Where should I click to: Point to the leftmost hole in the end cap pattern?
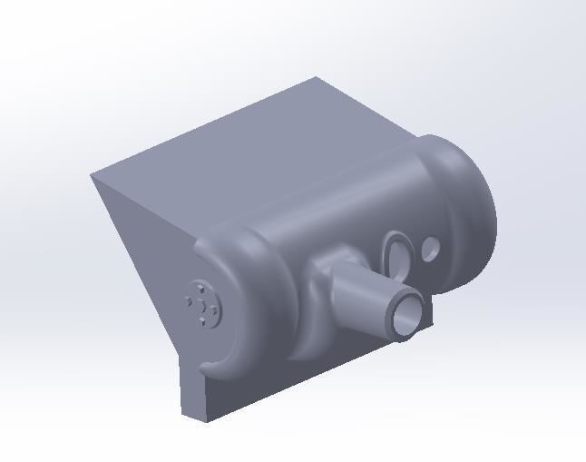point(189,300)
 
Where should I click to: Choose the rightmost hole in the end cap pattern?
point(214,310)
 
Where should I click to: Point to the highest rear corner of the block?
point(316,77)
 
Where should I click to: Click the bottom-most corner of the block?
point(184,418)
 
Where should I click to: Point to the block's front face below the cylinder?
point(272,381)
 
